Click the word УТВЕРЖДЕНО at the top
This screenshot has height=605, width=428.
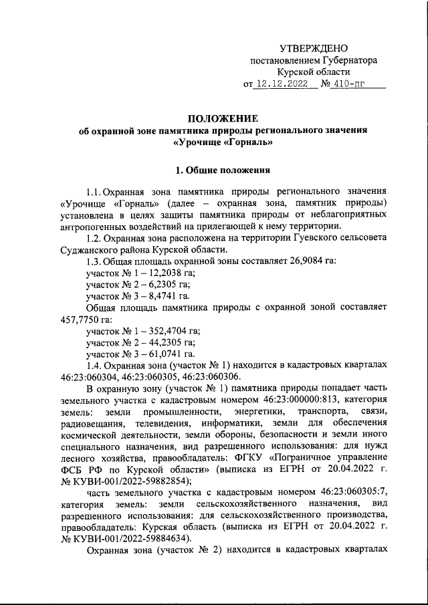click(313, 48)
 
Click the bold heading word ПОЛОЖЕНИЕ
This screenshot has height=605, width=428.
click(213, 120)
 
